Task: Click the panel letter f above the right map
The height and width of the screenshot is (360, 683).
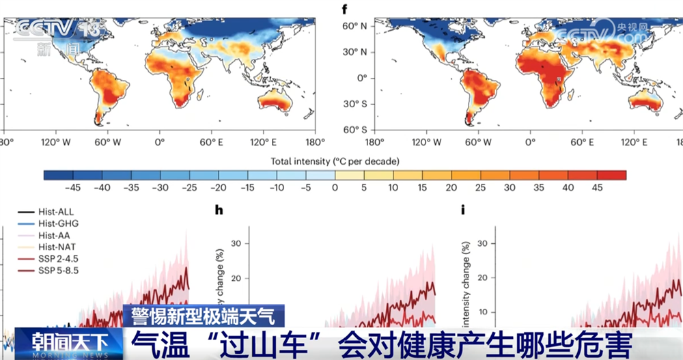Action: (x=344, y=9)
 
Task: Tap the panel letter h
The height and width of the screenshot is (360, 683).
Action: (x=219, y=210)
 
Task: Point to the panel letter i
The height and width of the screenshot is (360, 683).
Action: (x=463, y=210)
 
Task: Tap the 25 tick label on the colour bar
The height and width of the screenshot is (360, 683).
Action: (x=481, y=188)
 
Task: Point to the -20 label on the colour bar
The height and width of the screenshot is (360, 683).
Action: (x=219, y=188)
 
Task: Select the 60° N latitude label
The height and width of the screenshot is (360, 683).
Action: (x=355, y=26)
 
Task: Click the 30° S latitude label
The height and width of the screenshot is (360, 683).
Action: (x=356, y=104)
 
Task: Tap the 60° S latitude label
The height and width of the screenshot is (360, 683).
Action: (x=356, y=130)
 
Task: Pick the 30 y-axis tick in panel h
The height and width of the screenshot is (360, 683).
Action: (x=236, y=243)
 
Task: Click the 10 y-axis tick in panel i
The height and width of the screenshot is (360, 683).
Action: (x=479, y=312)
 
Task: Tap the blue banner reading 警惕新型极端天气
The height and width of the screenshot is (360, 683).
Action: (x=204, y=316)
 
